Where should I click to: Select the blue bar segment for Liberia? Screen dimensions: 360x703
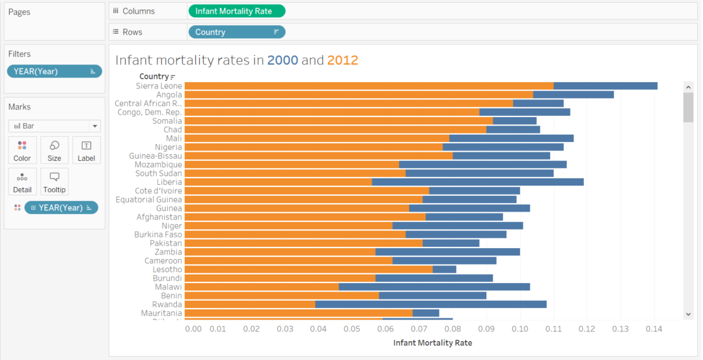[477, 182]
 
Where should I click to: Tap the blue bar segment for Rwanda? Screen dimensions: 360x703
[430, 304]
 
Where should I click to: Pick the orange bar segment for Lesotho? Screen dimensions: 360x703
[308, 269]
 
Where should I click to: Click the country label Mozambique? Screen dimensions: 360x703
[158, 165]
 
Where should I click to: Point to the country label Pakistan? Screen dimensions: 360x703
[165, 243]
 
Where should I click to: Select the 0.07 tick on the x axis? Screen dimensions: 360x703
[419, 329]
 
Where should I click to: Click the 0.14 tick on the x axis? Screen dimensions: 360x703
[653, 329]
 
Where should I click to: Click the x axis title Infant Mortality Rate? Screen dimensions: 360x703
[432, 342]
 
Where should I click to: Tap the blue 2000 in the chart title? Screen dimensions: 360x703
[283, 61]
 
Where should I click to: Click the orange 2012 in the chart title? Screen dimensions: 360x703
[342, 61]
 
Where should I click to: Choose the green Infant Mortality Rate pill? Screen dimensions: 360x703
[236, 11]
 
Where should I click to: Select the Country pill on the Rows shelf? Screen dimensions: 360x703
[236, 32]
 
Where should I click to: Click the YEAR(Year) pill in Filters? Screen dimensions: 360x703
[54, 72]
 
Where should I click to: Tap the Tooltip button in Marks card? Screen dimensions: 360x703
[54, 182]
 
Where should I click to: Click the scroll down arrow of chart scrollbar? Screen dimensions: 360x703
[688, 314]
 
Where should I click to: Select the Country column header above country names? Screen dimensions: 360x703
[154, 77]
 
